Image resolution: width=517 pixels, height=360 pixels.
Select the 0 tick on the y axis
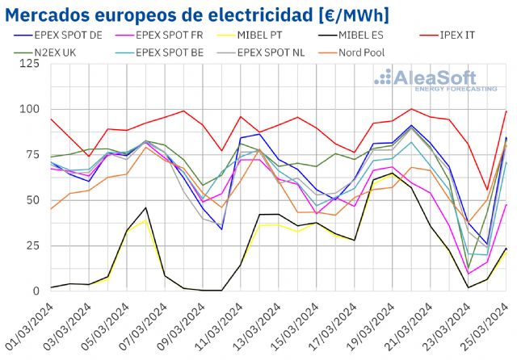[x=35, y=291]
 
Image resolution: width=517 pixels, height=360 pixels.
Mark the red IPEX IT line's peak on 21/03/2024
[x=411, y=109]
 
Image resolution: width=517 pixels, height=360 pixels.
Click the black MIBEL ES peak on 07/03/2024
[x=145, y=207]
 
